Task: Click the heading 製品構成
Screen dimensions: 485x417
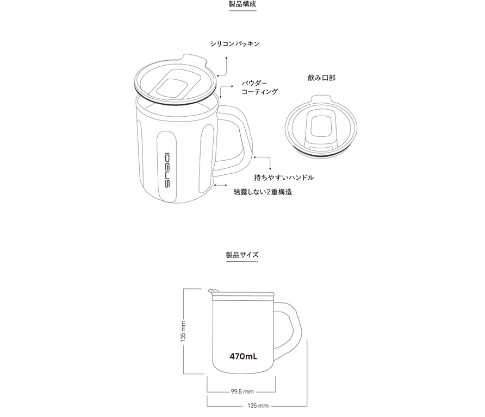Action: (242, 4)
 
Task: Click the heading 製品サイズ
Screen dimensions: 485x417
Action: (242, 255)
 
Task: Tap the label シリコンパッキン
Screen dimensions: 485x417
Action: (235, 43)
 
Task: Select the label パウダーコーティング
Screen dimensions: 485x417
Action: (259, 87)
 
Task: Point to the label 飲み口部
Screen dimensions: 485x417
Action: (321, 78)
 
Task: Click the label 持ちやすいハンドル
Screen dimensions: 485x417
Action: (284, 178)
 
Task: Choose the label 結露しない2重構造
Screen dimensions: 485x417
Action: (263, 192)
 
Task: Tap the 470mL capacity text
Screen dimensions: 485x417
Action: (243, 357)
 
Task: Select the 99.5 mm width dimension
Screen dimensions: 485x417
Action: (242, 391)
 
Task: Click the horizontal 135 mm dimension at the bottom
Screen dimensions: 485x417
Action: (258, 406)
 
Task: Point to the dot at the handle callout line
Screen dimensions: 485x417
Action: (254, 157)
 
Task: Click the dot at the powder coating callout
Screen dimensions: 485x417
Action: (220, 97)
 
